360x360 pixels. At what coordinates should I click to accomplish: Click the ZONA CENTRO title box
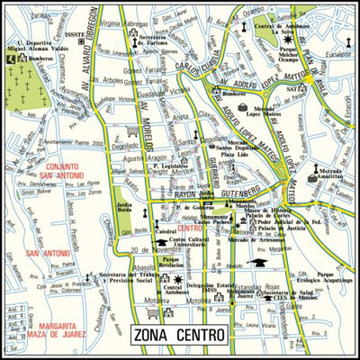coord(177,336)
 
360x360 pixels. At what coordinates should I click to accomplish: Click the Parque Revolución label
coord(171,262)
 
